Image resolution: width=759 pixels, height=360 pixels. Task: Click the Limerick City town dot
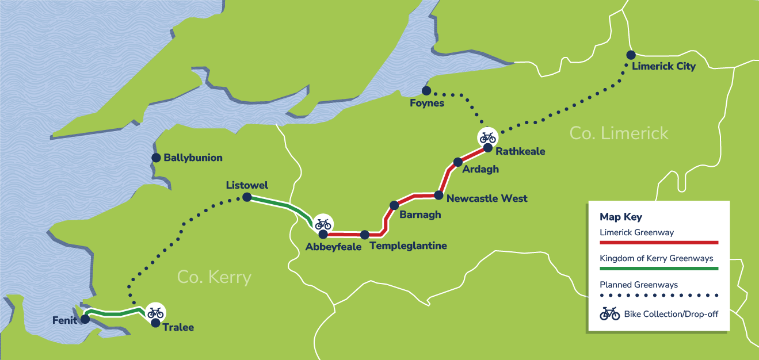pyautogui.click(x=631, y=55)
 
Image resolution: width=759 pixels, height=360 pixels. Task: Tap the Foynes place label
pyautogui.click(x=427, y=104)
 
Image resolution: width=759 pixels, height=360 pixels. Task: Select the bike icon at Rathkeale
pyautogui.click(x=487, y=137)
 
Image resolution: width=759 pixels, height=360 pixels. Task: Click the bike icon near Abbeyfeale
pyautogui.click(x=323, y=224)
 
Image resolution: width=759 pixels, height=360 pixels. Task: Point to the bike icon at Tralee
pyautogui.click(x=155, y=312)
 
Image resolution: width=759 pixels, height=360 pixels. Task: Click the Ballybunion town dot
pyautogui.click(x=155, y=158)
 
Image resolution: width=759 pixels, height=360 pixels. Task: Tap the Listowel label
pyautogui.click(x=247, y=185)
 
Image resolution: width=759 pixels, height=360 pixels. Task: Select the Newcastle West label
pyautogui.click(x=487, y=199)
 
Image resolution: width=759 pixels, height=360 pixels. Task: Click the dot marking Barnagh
pyautogui.click(x=394, y=205)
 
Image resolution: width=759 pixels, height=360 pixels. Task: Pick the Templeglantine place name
pyautogui.click(x=408, y=246)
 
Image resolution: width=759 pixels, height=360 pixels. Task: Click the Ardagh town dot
pyautogui.click(x=458, y=162)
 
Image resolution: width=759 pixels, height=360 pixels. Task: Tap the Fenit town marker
pyautogui.click(x=85, y=319)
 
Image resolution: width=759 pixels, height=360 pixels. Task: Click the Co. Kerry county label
pyautogui.click(x=214, y=278)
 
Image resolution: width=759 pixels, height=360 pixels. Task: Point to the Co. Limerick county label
pyautogui.click(x=619, y=133)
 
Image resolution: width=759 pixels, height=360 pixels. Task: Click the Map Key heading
pyautogui.click(x=620, y=217)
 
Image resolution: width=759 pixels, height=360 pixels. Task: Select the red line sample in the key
pyautogui.click(x=659, y=243)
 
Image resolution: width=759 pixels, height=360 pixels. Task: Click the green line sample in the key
pyautogui.click(x=659, y=269)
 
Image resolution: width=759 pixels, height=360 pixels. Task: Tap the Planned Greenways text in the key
pyautogui.click(x=638, y=285)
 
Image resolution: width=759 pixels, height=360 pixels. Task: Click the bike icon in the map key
pyautogui.click(x=610, y=314)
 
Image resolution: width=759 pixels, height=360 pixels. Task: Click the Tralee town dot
pyautogui.click(x=155, y=323)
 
